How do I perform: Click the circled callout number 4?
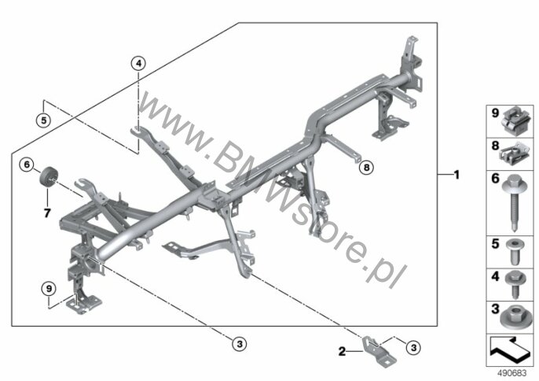point(138,64)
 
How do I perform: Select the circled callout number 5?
point(43,120)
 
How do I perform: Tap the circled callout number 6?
point(27,165)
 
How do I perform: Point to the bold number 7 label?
point(47,213)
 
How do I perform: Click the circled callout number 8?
point(366,168)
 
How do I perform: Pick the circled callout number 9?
point(49,288)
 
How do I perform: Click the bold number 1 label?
point(456,175)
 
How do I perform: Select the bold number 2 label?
point(342,351)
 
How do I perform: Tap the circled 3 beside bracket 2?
point(414,348)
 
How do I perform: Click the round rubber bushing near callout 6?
point(49,176)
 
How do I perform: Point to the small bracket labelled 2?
point(379,350)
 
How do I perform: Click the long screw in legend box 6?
point(515,202)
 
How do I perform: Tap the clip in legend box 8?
point(515,154)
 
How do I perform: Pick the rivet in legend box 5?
point(515,252)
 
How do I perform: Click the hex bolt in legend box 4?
point(515,284)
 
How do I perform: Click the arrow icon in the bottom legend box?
point(510,350)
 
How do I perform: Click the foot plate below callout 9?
point(84,304)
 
